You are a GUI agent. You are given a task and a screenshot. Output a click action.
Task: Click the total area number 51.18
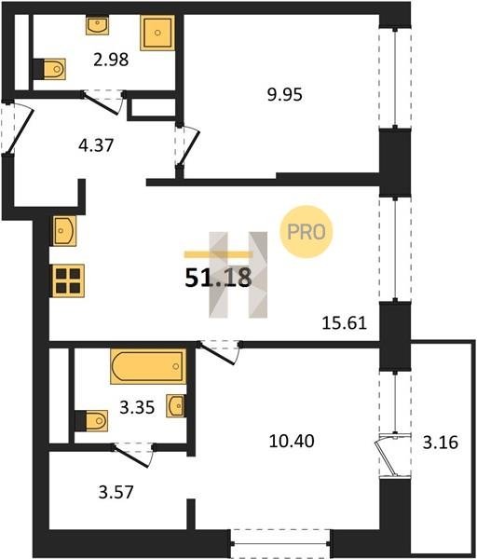pyautogui.click(x=218, y=278)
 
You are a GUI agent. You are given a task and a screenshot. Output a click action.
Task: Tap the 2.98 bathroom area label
pyautogui.click(x=111, y=60)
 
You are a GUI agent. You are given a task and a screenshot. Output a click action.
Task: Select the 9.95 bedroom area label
pyautogui.click(x=285, y=94)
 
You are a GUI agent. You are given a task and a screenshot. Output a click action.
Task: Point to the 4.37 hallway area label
pyautogui.click(x=96, y=145)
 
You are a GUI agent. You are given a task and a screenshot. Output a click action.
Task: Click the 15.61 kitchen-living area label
pyautogui.click(x=345, y=323)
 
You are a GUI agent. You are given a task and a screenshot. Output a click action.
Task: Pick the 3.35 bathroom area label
pyautogui.click(x=137, y=407)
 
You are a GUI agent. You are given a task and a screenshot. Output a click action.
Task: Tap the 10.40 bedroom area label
pyautogui.click(x=292, y=441)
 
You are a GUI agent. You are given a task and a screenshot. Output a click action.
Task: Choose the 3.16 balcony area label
pyautogui.click(x=441, y=443)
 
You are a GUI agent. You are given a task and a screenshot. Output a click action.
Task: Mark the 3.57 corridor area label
pyautogui.click(x=116, y=492)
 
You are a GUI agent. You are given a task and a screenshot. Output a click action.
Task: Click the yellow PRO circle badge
pyautogui.click(x=307, y=232)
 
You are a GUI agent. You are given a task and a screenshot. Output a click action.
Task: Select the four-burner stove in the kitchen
pyautogui.click(x=68, y=280)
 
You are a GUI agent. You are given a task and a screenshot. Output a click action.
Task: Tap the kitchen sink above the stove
pyautogui.click(x=64, y=231)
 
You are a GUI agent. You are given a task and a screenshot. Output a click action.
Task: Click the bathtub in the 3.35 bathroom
pyautogui.click(x=148, y=366)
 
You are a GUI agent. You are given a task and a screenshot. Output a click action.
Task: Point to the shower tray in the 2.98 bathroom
pyautogui.click(x=157, y=33)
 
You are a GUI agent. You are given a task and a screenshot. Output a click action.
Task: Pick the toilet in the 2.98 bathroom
pyautogui.click(x=49, y=69)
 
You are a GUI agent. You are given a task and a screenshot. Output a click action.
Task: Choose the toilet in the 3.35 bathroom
pyautogui.click(x=91, y=421)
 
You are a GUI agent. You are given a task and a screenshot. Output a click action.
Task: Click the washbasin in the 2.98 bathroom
pyautogui.click(x=97, y=25)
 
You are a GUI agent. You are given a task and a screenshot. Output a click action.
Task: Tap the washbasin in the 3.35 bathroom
pyautogui.click(x=176, y=405)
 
